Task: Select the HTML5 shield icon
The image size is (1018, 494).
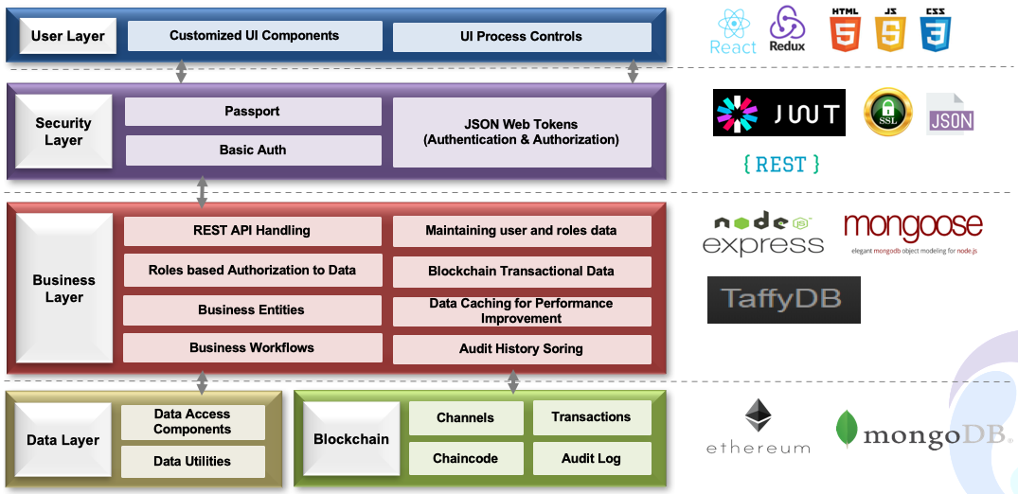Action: coord(845,29)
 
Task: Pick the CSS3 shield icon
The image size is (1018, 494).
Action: coord(935,29)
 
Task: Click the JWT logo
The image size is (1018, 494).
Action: coord(778,113)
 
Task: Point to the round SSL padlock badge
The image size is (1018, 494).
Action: coord(887,113)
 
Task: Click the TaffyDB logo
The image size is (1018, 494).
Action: coord(783,299)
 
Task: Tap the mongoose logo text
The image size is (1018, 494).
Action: coord(913,229)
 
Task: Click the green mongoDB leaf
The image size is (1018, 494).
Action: coord(846,428)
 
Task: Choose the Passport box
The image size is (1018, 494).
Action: coord(253,112)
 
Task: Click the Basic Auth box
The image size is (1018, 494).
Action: coord(253,150)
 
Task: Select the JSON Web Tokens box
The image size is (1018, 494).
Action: coord(522,132)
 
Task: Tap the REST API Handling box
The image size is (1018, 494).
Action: coord(252,231)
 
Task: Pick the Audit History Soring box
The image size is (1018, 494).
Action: coord(522,349)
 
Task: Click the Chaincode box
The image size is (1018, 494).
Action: coord(465,459)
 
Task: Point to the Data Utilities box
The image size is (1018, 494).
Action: coord(192,462)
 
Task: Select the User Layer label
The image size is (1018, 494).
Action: coord(67,37)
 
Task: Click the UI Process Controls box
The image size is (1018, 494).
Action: coord(522,37)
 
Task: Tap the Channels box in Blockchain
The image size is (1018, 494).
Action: coord(465,418)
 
